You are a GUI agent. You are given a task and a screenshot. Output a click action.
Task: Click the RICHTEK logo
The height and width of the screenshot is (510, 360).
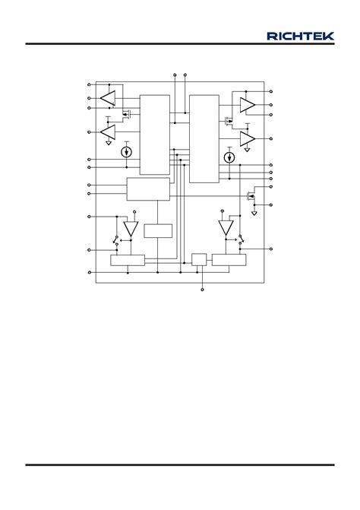point(300,36)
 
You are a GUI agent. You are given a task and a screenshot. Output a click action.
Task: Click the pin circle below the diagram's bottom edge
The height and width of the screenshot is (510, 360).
point(203,290)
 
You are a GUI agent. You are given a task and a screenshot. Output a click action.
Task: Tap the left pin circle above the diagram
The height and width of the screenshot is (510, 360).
point(175,74)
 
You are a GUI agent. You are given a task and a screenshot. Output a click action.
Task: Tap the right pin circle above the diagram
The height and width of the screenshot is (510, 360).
point(185,74)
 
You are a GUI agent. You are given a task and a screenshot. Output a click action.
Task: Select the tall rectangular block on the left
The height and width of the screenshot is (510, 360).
point(155,135)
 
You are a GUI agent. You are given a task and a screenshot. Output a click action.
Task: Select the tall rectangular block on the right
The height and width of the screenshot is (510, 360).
point(204,139)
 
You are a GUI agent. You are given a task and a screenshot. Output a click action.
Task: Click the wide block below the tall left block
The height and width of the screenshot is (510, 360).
point(148,189)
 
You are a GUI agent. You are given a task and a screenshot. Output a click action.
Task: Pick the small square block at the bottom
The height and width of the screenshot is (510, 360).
point(199,259)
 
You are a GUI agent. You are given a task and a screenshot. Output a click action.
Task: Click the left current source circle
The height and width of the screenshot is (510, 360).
point(126,152)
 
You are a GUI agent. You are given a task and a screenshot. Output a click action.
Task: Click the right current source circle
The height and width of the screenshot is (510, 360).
point(229,158)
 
